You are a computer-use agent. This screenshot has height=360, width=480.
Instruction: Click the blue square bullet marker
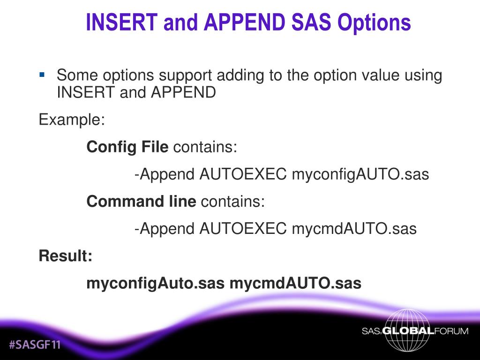click(42, 74)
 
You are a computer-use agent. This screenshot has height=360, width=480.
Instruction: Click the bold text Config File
click(127, 147)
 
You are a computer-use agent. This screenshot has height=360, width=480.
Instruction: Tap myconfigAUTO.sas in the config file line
click(360, 174)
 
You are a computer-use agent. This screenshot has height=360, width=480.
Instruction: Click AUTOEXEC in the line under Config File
click(243, 174)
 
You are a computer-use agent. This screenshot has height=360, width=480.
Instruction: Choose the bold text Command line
click(141, 202)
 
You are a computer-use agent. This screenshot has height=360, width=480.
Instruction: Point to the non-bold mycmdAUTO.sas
click(354, 229)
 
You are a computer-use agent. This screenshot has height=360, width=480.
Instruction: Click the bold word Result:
click(65, 256)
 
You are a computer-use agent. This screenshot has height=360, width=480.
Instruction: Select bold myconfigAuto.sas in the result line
click(155, 284)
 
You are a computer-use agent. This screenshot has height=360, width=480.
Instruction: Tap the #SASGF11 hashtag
click(35, 345)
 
